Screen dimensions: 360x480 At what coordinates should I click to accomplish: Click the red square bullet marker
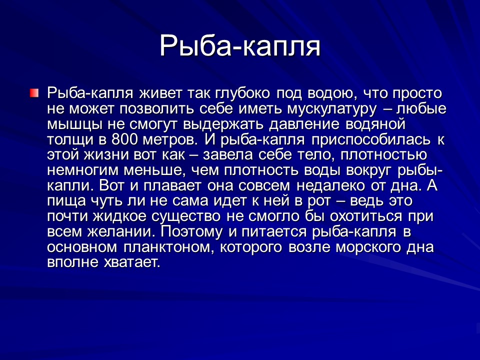pos(33,93)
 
